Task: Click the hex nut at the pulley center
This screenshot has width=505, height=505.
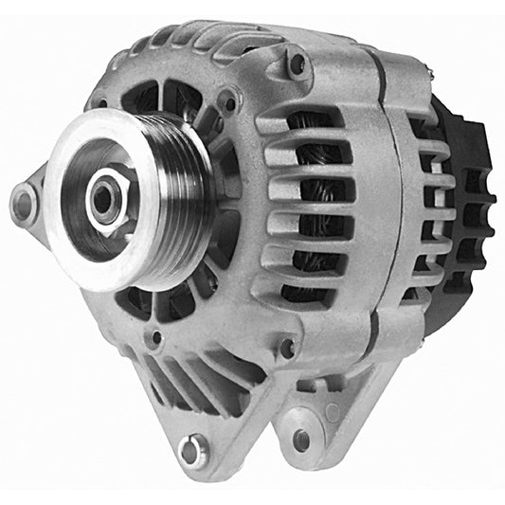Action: pyautogui.click(x=103, y=197)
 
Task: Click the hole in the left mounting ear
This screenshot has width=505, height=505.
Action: pyautogui.click(x=23, y=201)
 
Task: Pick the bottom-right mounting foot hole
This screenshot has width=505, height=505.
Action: pyautogui.click(x=301, y=439)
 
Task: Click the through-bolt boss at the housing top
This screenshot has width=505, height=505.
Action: pyautogui.click(x=298, y=64)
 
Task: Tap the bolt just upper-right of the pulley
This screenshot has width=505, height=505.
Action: pyautogui.click(x=226, y=99)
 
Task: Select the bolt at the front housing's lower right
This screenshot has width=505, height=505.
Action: pyautogui.click(x=287, y=348)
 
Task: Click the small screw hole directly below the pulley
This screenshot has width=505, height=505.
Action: pyautogui.click(x=155, y=336)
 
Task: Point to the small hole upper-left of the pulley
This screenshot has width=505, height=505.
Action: pyautogui.click(x=99, y=102)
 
